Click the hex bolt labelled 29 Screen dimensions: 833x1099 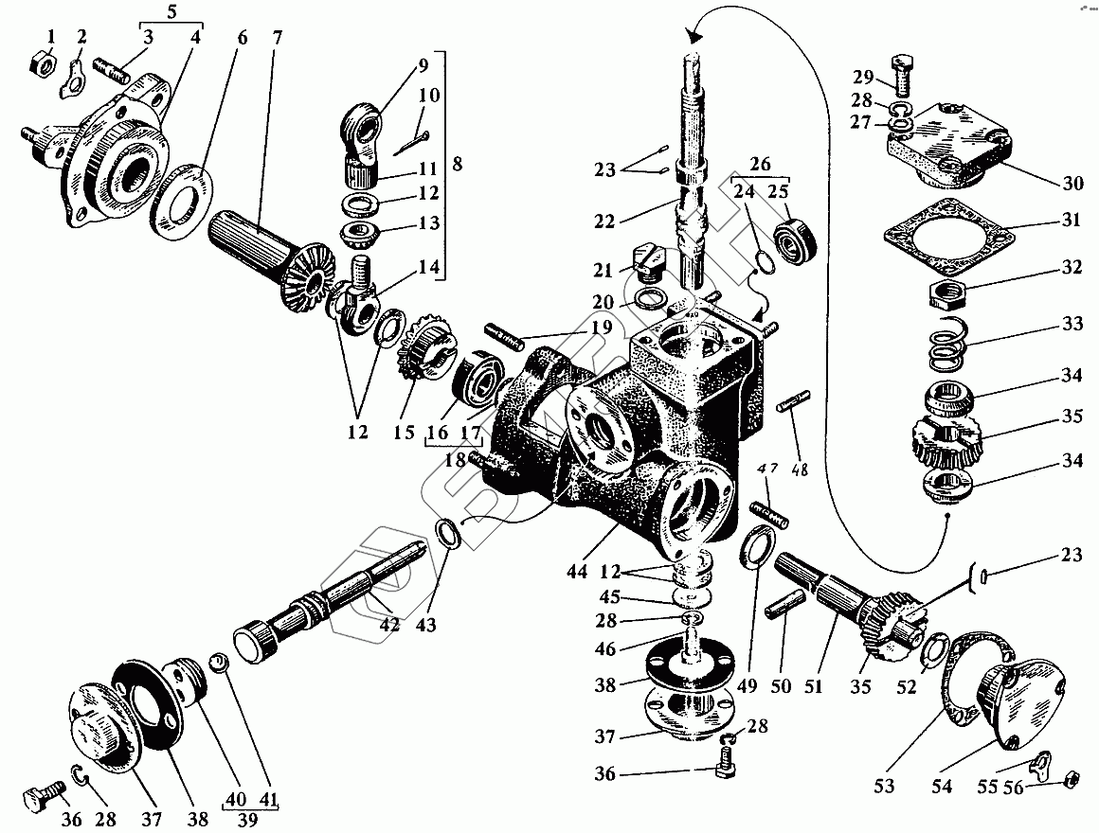[x=900, y=75]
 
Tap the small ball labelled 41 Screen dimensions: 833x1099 [x=217, y=662]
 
